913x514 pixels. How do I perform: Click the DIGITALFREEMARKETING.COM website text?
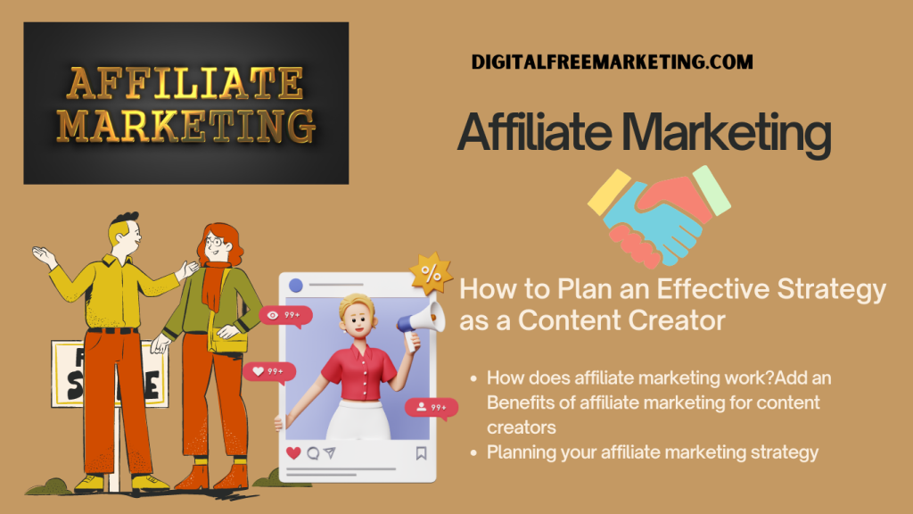click(x=612, y=62)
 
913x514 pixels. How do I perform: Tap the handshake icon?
click(x=659, y=217)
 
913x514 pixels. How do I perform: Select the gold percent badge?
click(x=431, y=273)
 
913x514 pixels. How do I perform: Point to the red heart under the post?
click(x=293, y=452)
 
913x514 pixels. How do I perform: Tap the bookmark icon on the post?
click(x=421, y=452)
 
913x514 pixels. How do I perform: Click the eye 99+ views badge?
click(x=285, y=316)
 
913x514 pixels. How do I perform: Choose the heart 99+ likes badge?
click(x=269, y=372)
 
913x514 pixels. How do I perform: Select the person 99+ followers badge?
click(x=432, y=408)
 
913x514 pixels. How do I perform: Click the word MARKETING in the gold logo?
click(x=185, y=126)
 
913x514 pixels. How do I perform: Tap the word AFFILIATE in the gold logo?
click(x=185, y=83)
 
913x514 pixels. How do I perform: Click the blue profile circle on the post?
click(x=296, y=285)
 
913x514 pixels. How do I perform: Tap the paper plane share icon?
click(x=330, y=452)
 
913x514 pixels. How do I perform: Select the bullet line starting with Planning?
click(x=652, y=452)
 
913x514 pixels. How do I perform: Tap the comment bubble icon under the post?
click(x=313, y=452)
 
